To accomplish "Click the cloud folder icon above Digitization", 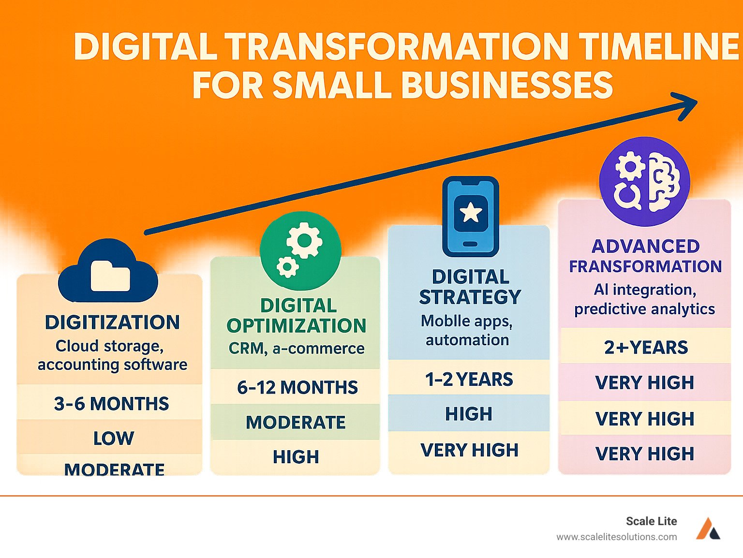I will [x=108, y=272].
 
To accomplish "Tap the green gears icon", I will [x=300, y=251].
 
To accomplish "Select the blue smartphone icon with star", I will [x=470, y=216].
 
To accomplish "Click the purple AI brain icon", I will [x=644, y=181].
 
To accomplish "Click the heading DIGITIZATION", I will [x=112, y=323].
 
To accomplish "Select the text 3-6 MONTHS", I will [x=111, y=403].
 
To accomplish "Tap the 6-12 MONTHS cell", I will [x=297, y=387].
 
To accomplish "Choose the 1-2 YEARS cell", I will [x=469, y=380].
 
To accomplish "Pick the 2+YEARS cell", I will [x=646, y=347].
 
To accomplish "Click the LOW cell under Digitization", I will [x=113, y=438].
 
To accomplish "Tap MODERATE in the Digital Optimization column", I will [x=296, y=422].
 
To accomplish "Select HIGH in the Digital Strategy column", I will [x=468, y=414].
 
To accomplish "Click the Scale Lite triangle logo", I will [x=708, y=529].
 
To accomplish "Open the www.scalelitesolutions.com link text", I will [x=616, y=537].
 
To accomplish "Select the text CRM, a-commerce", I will [x=297, y=348].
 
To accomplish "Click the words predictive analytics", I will [x=644, y=309].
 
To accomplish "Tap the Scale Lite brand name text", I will [x=651, y=521].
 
